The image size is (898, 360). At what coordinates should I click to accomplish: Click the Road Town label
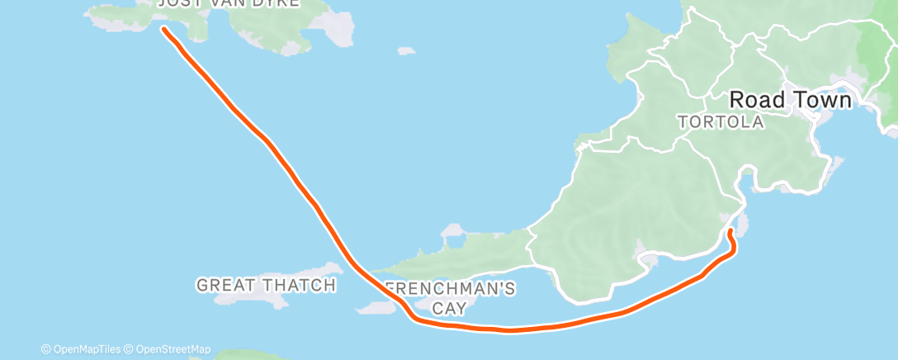click(x=790, y=101)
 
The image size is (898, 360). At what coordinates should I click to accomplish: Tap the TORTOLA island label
click(x=720, y=122)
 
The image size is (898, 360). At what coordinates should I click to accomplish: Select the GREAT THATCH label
click(x=266, y=286)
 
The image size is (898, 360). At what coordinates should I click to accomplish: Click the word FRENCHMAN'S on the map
click(x=451, y=290)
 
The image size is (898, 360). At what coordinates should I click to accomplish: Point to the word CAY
click(x=451, y=308)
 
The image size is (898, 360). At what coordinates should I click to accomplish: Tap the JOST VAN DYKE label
click(x=229, y=3)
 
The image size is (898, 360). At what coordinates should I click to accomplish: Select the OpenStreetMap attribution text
click(x=168, y=349)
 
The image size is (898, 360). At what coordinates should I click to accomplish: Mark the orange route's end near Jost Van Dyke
click(x=163, y=29)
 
